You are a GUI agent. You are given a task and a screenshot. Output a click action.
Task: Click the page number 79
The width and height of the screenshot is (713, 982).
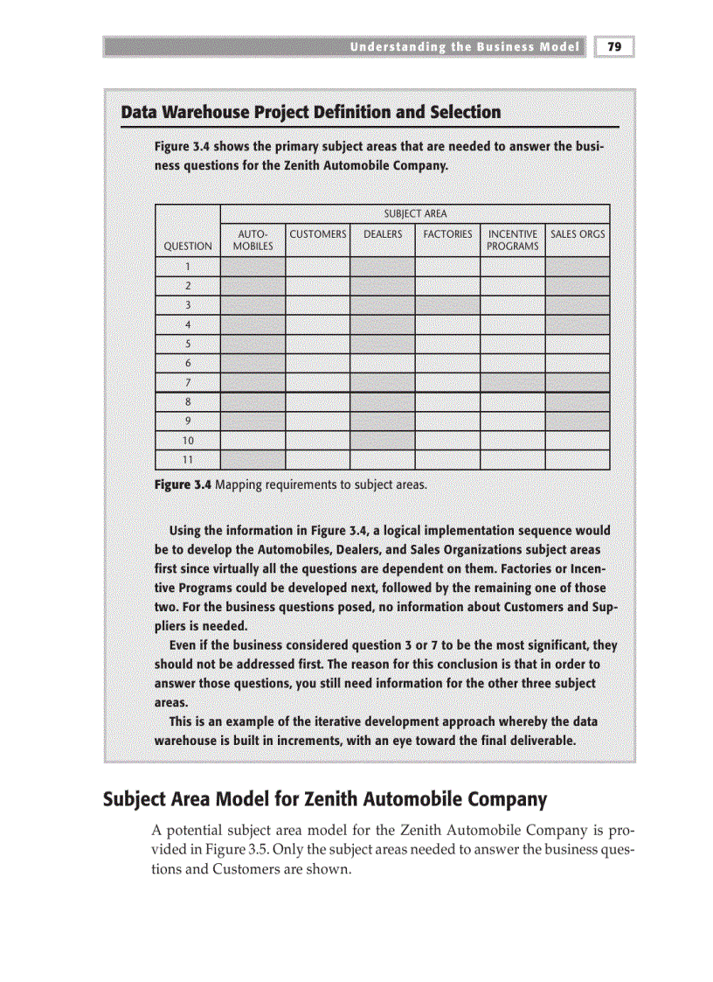[x=614, y=47]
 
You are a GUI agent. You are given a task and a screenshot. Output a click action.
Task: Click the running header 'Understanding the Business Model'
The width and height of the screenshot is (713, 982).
[x=465, y=47]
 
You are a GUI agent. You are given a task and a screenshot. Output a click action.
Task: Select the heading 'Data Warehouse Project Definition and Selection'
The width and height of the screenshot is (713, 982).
[x=311, y=113]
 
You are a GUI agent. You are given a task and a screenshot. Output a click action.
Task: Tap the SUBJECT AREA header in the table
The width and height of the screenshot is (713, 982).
[x=415, y=213]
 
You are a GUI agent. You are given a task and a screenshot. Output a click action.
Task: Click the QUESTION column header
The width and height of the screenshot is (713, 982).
[x=188, y=247]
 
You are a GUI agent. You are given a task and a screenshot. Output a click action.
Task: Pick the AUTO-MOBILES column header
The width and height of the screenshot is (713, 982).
[x=253, y=240]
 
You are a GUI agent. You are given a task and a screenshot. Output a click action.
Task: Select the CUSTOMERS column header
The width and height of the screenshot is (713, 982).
[x=318, y=234]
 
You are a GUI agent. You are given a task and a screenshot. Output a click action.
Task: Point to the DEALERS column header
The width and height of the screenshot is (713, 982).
[x=383, y=234]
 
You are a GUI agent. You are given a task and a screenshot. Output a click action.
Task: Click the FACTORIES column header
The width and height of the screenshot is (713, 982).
[x=447, y=234]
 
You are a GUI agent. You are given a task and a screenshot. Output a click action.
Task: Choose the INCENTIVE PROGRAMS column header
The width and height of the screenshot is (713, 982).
[x=513, y=240]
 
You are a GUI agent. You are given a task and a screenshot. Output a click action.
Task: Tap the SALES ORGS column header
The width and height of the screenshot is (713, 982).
[x=578, y=234]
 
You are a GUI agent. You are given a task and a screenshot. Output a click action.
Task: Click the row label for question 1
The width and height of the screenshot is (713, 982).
[x=188, y=267]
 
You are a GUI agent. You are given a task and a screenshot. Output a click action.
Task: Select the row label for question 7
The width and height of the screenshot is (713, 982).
[x=188, y=382]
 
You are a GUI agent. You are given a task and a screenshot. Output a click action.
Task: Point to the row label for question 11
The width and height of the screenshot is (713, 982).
[x=188, y=459]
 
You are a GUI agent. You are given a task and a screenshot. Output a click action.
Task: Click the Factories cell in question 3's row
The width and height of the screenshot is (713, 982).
[x=447, y=305]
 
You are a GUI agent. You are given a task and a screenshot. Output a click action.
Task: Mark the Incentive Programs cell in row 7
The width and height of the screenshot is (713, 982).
[x=513, y=382]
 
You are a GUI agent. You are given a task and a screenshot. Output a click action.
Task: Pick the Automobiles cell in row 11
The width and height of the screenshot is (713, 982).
[x=253, y=459]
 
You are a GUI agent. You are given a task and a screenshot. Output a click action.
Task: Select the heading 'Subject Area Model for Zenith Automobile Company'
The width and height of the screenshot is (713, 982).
[x=325, y=799]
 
